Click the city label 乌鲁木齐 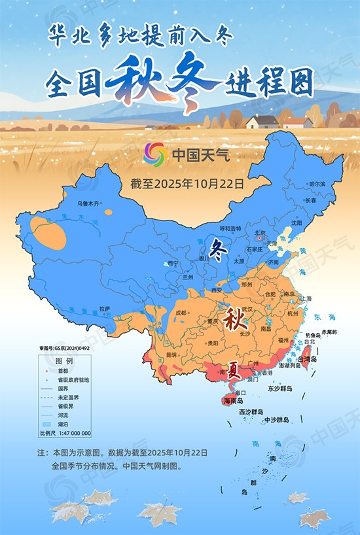click(88, 204)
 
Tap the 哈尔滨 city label click(317, 184)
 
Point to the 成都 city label click(180, 312)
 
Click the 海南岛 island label click(233, 400)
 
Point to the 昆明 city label click(171, 354)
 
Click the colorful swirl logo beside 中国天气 click(156, 154)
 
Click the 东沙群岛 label click(279, 388)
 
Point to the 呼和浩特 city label click(230, 228)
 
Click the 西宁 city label click(172, 263)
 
